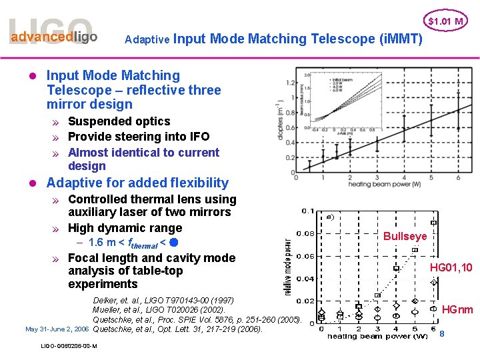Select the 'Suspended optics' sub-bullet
point(119,121)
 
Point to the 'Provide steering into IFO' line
point(138,137)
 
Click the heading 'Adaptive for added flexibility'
point(137,183)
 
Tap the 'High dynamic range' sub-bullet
point(125,228)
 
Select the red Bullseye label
point(405,236)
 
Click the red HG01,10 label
point(451,267)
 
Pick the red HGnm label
point(457,309)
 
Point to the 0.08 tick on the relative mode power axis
point(307,233)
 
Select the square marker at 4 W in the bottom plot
point(395,268)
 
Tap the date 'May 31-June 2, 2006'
point(57,329)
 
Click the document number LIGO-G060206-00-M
point(69,346)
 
